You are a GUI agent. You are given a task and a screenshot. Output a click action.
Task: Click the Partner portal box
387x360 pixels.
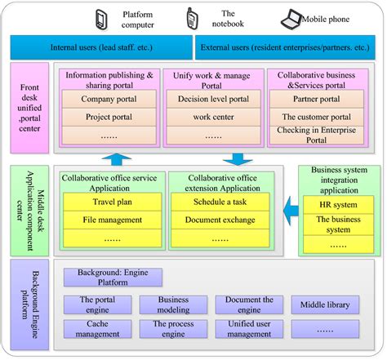tap(318, 100)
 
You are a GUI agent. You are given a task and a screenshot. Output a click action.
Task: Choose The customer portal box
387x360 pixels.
tap(318, 118)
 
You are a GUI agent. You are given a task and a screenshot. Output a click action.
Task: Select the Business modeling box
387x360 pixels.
tap(173, 305)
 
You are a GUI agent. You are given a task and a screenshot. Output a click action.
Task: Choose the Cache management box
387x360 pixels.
tap(98, 329)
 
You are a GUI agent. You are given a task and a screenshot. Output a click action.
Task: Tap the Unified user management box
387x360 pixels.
tap(249, 329)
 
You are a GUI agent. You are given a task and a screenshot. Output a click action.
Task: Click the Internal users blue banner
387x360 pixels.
tap(100, 47)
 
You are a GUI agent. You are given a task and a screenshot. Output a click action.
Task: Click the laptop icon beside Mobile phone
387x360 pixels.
tap(291, 17)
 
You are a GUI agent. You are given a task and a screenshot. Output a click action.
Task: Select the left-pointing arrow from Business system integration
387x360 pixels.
tap(287, 215)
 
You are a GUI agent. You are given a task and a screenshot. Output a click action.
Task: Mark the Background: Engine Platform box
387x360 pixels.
tap(113, 278)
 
